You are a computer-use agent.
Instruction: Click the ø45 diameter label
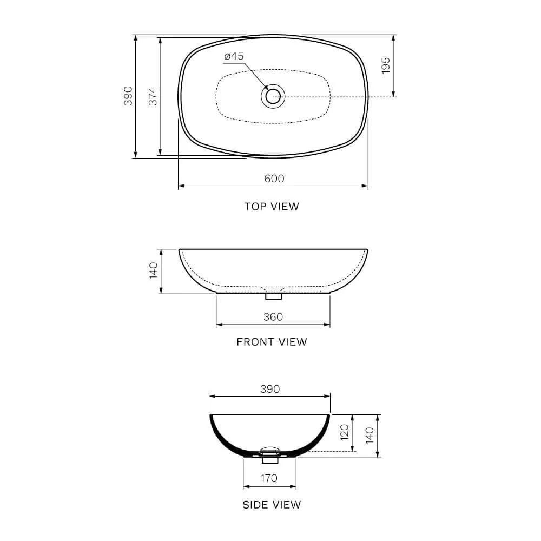click(x=234, y=56)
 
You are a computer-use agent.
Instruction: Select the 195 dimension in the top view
click(x=385, y=65)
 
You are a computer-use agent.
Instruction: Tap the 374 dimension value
click(x=153, y=96)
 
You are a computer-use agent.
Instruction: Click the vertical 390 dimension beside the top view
click(x=128, y=96)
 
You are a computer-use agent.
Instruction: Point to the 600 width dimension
click(x=274, y=179)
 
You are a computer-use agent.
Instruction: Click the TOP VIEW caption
click(x=272, y=206)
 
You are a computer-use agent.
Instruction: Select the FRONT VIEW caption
click(x=272, y=342)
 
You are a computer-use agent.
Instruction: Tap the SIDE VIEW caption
click(x=272, y=505)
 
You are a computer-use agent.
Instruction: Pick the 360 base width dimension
click(x=273, y=317)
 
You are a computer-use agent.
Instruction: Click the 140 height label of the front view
click(x=153, y=270)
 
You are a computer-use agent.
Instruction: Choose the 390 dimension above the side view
click(x=269, y=389)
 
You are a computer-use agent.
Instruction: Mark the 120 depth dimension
click(x=345, y=433)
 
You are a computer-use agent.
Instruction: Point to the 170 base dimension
click(x=269, y=478)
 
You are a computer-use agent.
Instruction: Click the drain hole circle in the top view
click(x=273, y=97)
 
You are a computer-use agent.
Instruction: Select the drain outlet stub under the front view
click(x=273, y=296)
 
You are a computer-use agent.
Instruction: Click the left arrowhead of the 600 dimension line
click(x=181, y=186)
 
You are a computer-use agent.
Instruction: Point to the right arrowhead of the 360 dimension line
click(x=327, y=325)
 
